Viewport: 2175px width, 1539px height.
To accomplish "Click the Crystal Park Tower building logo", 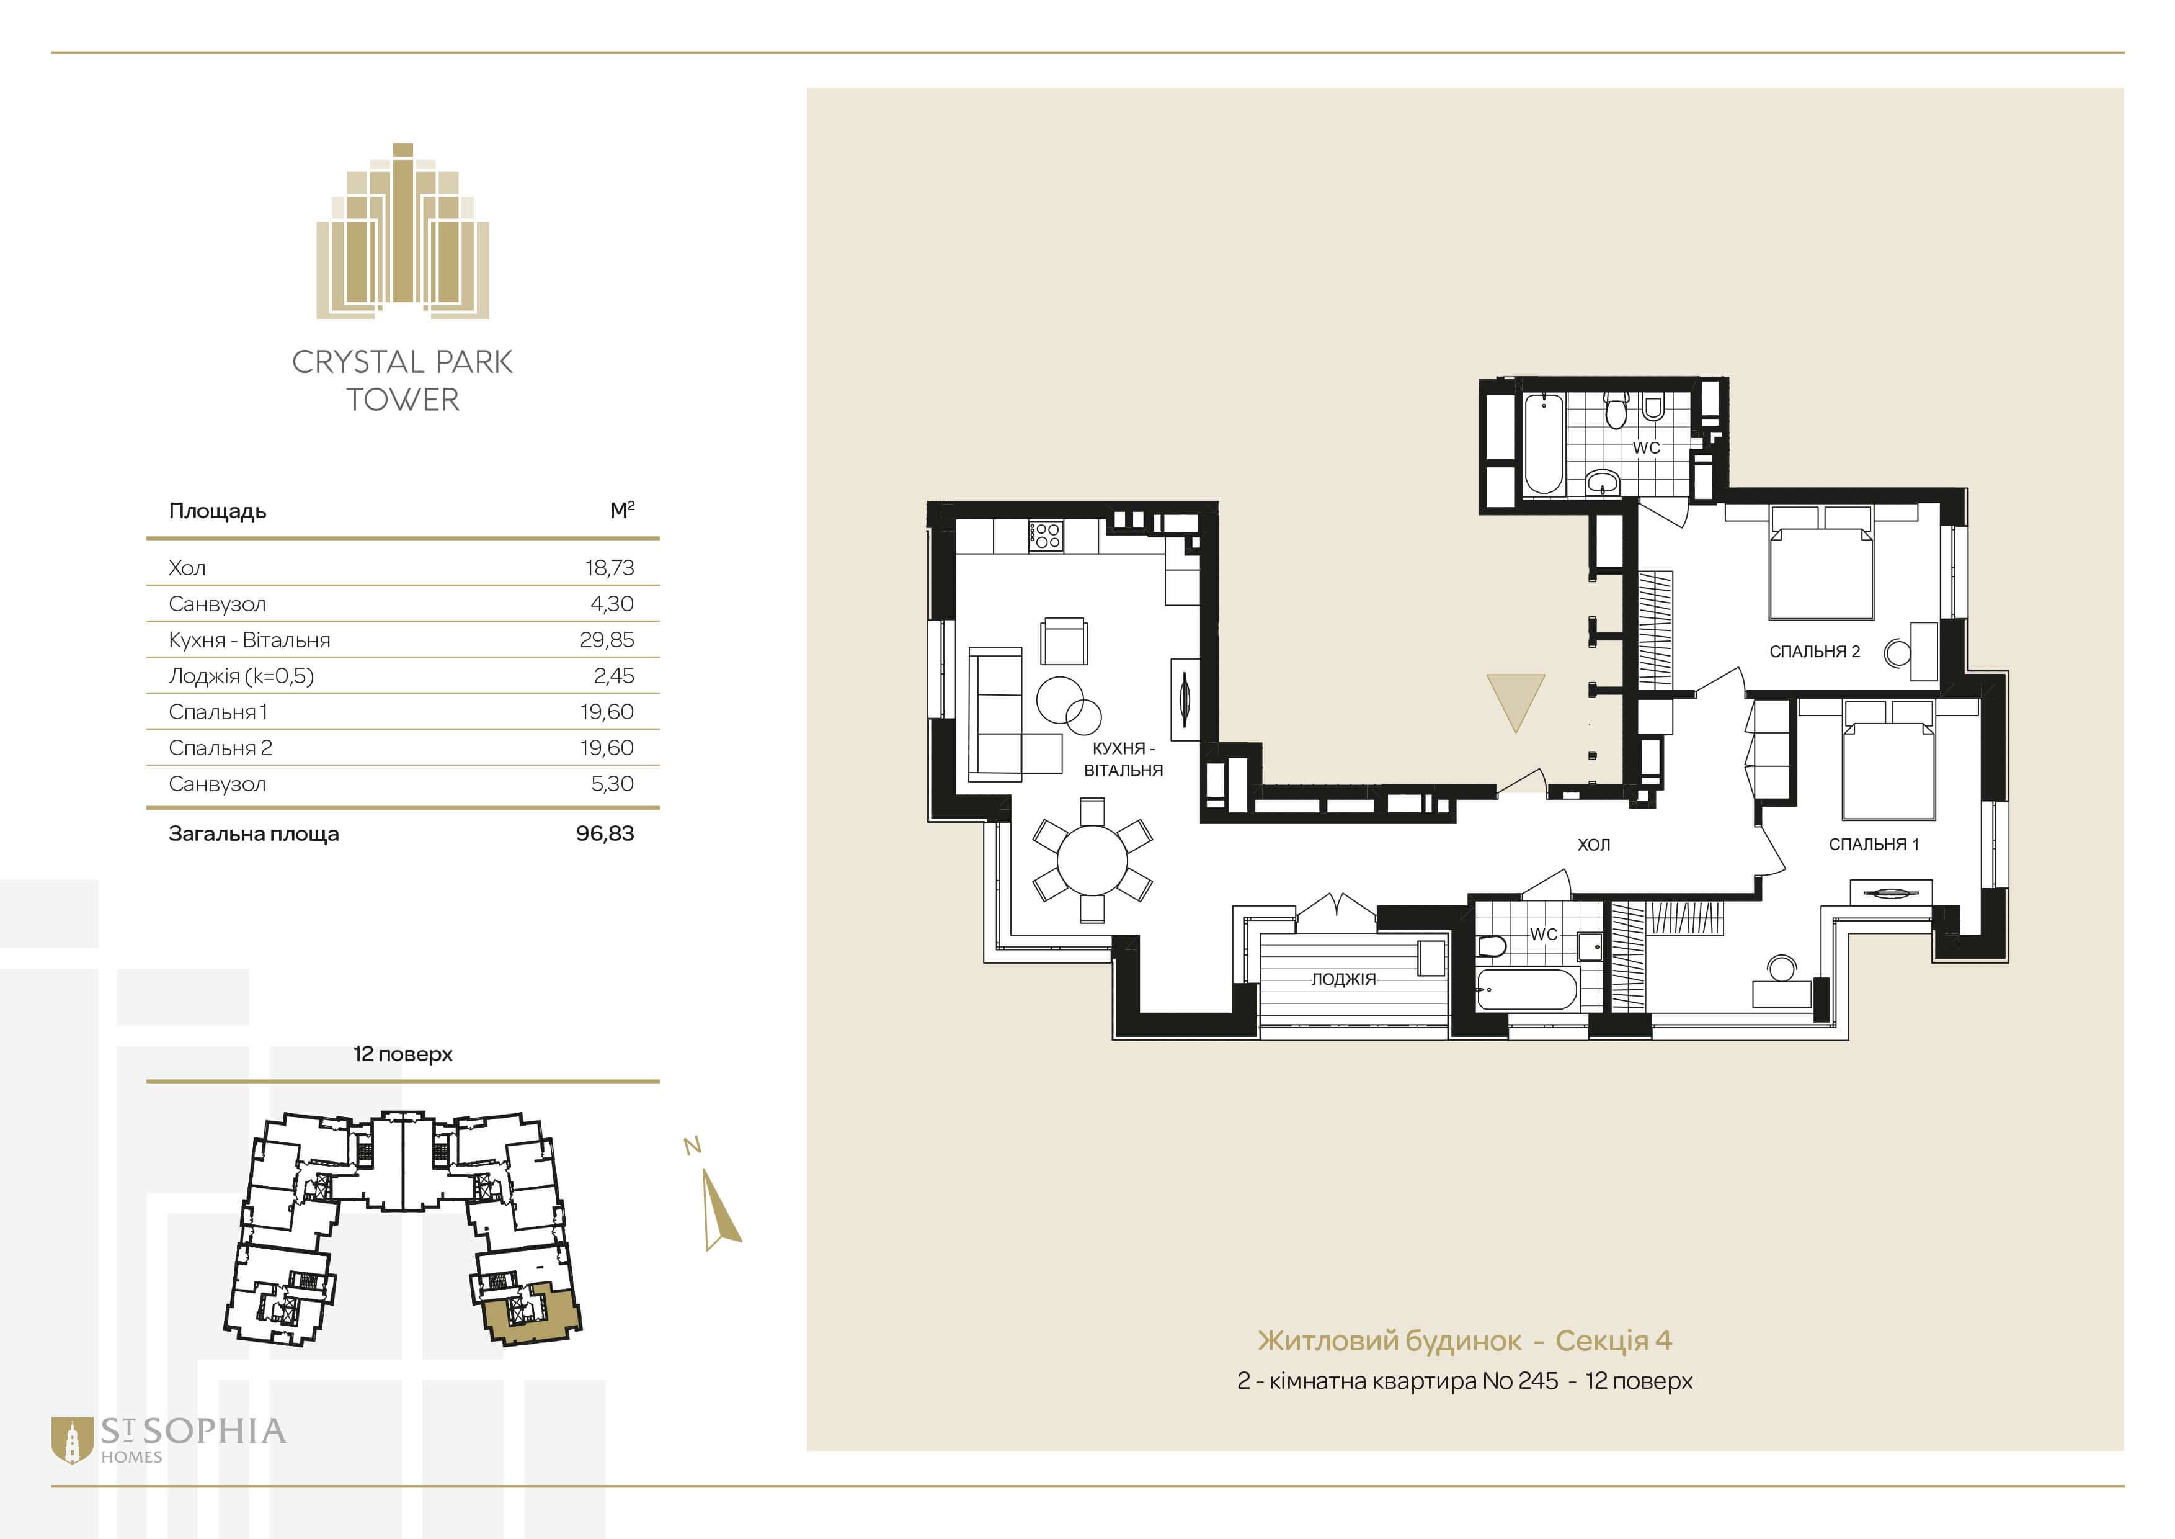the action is pyautogui.click(x=403, y=230).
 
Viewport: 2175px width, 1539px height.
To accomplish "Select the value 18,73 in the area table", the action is pyautogui.click(x=609, y=568).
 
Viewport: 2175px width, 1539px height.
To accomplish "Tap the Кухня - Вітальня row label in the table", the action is pyautogui.click(x=249, y=640).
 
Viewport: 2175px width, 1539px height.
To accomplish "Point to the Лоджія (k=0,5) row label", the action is pyautogui.click(x=241, y=676).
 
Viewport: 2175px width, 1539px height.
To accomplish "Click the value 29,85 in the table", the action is pyautogui.click(x=607, y=640).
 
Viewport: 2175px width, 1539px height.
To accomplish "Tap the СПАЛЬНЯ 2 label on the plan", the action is pyautogui.click(x=1814, y=651).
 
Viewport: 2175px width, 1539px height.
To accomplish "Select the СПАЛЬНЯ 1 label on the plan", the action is pyautogui.click(x=1874, y=843).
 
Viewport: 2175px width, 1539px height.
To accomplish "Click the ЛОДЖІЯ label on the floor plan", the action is pyautogui.click(x=1343, y=979).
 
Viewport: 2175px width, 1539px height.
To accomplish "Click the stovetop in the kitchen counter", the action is pyautogui.click(x=1046, y=536).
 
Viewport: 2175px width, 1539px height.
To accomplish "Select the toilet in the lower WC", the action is pyautogui.click(x=1492, y=946).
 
